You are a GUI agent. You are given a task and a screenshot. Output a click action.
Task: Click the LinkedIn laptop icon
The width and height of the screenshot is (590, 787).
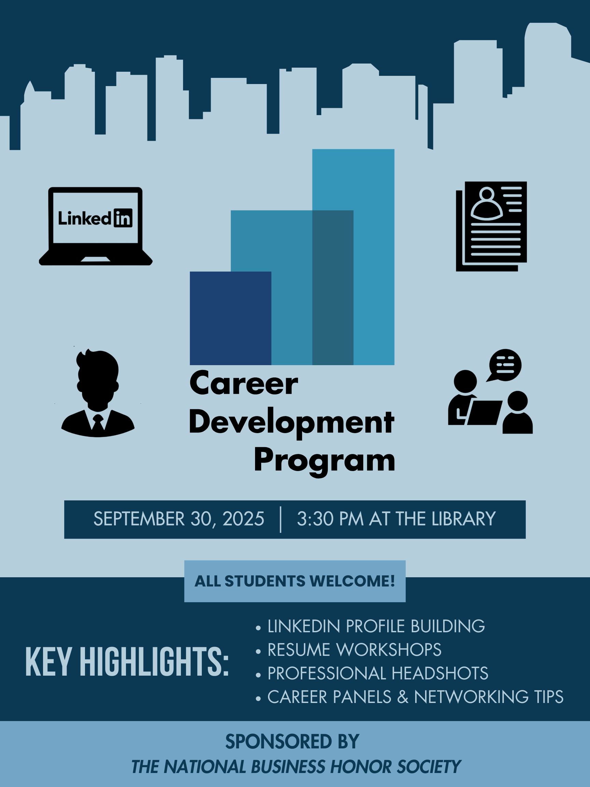point(95,226)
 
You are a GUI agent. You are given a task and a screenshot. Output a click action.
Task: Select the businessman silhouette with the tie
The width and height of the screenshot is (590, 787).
point(98,393)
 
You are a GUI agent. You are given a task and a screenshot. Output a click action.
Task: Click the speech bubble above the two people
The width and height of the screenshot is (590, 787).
point(505,365)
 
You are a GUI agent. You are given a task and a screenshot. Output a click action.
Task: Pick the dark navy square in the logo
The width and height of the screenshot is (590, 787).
point(230,318)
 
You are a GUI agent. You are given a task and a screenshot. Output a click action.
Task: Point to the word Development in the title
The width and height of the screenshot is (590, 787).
point(292,422)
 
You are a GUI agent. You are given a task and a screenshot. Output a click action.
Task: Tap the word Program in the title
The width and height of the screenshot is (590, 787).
point(324,460)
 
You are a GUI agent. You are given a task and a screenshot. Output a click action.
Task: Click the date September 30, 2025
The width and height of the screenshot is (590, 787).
point(179,519)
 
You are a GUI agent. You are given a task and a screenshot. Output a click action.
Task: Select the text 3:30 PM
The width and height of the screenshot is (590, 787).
point(330,519)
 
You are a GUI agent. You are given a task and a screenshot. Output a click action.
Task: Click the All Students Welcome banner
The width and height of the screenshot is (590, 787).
point(295,581)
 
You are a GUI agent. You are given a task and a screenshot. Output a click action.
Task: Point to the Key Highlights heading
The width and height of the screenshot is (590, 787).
point(127,662)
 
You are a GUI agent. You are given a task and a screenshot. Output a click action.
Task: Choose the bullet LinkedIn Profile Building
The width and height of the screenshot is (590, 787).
point(376,626)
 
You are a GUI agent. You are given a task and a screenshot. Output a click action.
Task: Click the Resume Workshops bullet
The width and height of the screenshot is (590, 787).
point(354,650)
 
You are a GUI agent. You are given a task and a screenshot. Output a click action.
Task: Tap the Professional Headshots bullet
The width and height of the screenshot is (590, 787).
point(378,673)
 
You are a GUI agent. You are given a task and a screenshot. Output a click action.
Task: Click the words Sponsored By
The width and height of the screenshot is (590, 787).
point(292,742)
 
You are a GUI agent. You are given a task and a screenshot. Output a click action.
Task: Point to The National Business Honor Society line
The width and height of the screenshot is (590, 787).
point(296,767)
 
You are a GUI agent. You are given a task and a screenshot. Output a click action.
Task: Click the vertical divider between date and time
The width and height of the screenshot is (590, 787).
point(281,520)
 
